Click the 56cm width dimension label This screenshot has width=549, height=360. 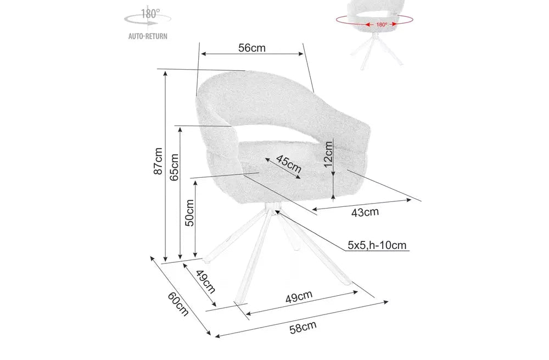click(x=252, y=48)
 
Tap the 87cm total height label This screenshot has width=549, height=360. click(x=158, y=161)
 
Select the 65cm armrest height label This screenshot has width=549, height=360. click(x=174, y=167)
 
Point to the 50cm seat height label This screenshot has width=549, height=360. click(x=189, y=213)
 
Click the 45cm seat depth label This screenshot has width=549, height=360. click(x=289, y=164)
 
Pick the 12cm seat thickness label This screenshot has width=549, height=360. click(x=328, y=154)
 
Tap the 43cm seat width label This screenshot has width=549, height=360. click(x=365, y=212)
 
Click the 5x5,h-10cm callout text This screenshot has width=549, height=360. click(x=377, y=245)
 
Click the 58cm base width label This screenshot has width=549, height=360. click(x=303, y=328)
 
